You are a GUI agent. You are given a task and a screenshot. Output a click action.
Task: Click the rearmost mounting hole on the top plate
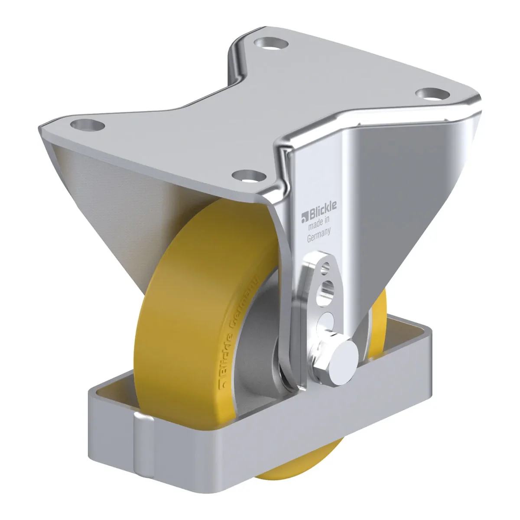tap(271, 43)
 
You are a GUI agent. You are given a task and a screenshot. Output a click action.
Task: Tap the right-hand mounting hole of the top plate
tap(432, 94)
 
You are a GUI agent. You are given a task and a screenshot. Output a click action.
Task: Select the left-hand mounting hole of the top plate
tap(88, 125)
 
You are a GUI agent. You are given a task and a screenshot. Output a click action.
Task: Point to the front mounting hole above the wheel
tap(249, 175)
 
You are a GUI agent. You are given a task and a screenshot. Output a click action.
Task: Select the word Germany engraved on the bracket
tap(318, 235)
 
